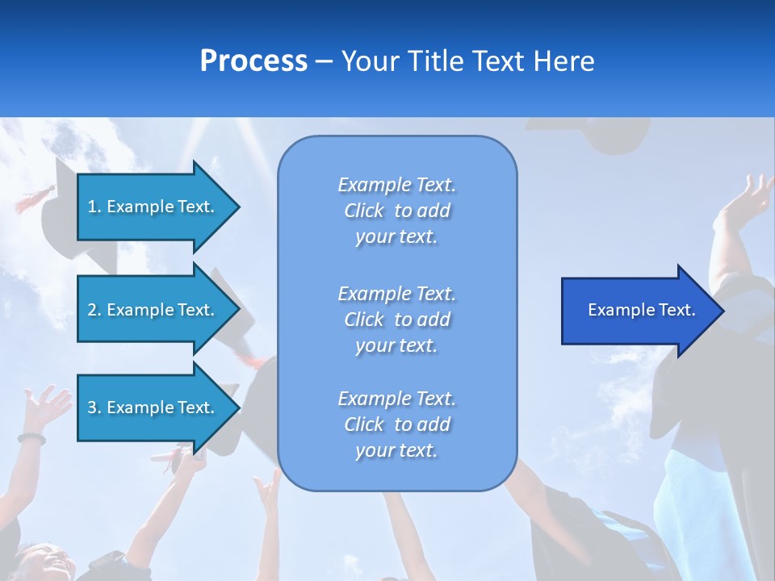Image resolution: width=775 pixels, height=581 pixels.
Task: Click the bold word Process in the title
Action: (x=253, y=61)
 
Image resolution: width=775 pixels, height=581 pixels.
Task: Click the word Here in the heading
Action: (x=563, y=61)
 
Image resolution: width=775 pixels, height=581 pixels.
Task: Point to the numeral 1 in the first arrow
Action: (x=91, y=207)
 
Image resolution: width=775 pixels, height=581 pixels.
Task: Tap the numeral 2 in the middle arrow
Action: (x=92, y=310)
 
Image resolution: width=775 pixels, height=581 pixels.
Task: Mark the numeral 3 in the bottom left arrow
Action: (x=92, y=408)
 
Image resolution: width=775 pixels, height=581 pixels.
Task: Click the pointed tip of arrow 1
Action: (x=241, y=207)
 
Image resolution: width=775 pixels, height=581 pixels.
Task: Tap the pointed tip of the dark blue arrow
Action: (x=725, y=311)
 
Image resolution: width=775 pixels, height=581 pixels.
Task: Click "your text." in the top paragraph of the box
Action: (x=396, y=236)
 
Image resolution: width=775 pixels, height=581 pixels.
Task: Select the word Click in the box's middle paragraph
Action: (x=364, y=320)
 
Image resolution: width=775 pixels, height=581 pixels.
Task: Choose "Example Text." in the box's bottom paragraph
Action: (x=397, y=398)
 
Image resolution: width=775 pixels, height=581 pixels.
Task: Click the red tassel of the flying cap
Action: (x=35, y=199)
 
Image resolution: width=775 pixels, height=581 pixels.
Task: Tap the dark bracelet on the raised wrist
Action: (x=31, y=437)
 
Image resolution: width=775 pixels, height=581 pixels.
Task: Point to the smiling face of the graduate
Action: (x=47, y=563)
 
